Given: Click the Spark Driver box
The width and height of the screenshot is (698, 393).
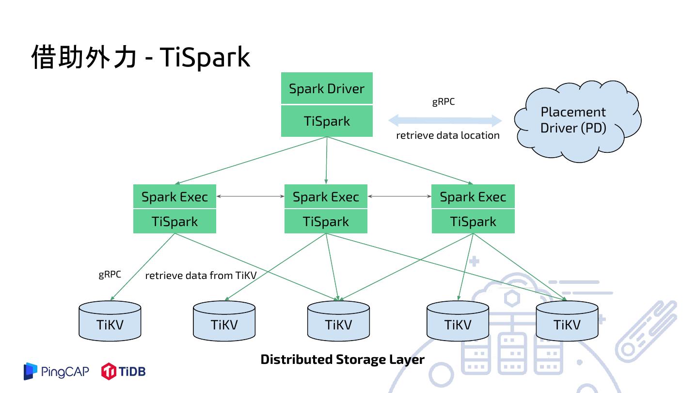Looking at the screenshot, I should point(327,88).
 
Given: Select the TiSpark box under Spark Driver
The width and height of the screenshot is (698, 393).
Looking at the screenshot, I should point(327,121).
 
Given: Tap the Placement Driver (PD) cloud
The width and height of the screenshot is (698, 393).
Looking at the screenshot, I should point(574,120).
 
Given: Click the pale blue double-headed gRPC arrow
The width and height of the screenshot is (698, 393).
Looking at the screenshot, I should point(445,120).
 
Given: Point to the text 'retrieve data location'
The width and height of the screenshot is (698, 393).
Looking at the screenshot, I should point(447,135).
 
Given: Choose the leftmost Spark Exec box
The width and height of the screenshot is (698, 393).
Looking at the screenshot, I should point(174,196).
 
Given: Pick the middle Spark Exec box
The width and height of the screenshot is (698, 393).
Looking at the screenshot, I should point(326,196).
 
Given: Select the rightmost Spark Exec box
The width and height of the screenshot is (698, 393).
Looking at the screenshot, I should point(473,196).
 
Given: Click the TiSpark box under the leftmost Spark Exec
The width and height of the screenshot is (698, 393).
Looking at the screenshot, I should point(174,221).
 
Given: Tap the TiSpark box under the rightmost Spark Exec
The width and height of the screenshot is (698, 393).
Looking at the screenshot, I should point(473,221).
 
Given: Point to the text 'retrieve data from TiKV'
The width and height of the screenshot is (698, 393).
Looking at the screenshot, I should point(201,276).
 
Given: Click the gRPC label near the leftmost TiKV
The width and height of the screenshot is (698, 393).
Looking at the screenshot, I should point(110,274).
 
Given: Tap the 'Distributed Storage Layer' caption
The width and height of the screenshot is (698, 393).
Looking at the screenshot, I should point(342,360).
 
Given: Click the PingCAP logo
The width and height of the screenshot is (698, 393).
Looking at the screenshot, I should point(56,372).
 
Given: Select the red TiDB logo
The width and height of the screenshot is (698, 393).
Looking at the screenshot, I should point(123,372).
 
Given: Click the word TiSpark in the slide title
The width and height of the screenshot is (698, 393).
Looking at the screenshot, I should point(204,57).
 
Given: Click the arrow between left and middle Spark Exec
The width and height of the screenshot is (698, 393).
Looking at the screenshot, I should point(250,196).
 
